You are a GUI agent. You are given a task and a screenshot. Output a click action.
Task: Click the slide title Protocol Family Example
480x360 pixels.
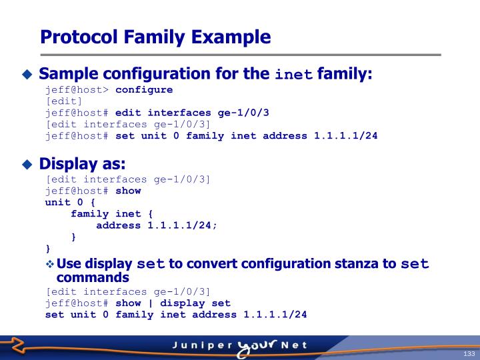pos(155,36)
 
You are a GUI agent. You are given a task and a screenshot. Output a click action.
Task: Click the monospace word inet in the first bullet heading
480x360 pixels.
pos(294,74)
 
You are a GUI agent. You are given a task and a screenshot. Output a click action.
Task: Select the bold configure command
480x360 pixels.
pos(144,89)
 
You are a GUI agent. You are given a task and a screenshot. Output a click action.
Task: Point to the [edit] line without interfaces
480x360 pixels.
pos(64,101)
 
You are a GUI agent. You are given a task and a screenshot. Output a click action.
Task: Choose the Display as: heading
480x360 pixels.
pos(82,163)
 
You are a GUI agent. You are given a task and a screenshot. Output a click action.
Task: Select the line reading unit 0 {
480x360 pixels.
pos(71,201)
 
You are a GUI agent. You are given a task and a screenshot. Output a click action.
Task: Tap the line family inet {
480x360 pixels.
pos(112,213)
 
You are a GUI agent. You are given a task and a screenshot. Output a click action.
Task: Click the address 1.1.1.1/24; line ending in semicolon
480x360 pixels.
pos(157,225)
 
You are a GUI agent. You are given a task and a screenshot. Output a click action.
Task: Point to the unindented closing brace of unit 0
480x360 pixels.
pos(48,248)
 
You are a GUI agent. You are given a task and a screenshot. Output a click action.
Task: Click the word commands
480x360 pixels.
pos(93,277)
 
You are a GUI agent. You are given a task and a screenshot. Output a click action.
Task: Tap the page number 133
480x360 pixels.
pos(469,353)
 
